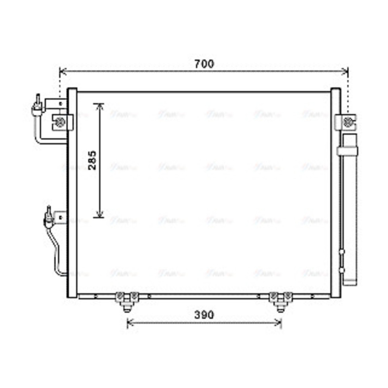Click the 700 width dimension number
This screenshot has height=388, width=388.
pos(204,64)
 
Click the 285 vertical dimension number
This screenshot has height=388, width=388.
pos(92,160)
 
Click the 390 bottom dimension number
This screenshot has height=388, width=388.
pos(204,315)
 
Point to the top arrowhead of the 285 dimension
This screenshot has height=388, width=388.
pos(100,106)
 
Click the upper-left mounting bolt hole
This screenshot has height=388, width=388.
pos(60,121)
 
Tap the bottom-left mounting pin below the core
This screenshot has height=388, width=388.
pos(126,307)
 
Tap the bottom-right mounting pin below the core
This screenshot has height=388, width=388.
pos(280,307)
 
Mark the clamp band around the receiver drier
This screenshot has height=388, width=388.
pos(347,151)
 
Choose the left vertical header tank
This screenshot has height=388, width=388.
pos(72,193)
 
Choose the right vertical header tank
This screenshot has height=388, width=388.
pos(335,193)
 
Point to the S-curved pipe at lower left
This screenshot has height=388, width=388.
pos(57,252)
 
